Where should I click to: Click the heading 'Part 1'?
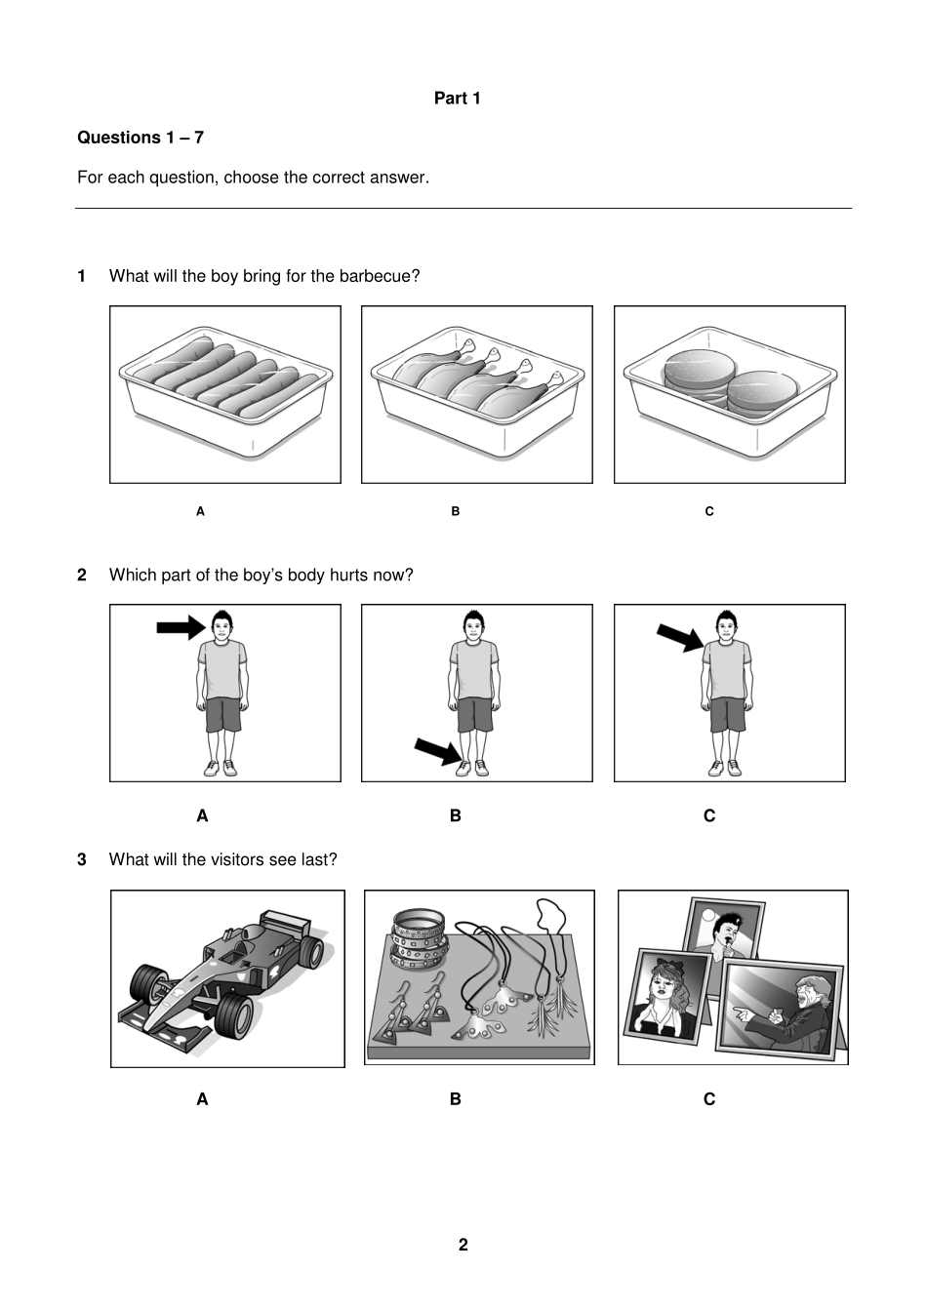pos(457,99)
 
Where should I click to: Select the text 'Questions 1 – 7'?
pos(141,138)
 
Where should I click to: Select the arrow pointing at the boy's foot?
pos(436,751)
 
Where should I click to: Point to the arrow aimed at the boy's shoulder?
pos(679,638)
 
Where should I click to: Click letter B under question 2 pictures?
pos(456,815)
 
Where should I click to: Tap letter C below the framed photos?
pos(709,1099)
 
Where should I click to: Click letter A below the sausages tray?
pos(200,511)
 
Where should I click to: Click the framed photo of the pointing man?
pos(780,1006)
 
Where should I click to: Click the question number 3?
pos(82,859)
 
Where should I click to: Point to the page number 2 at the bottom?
pos(463,1245)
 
